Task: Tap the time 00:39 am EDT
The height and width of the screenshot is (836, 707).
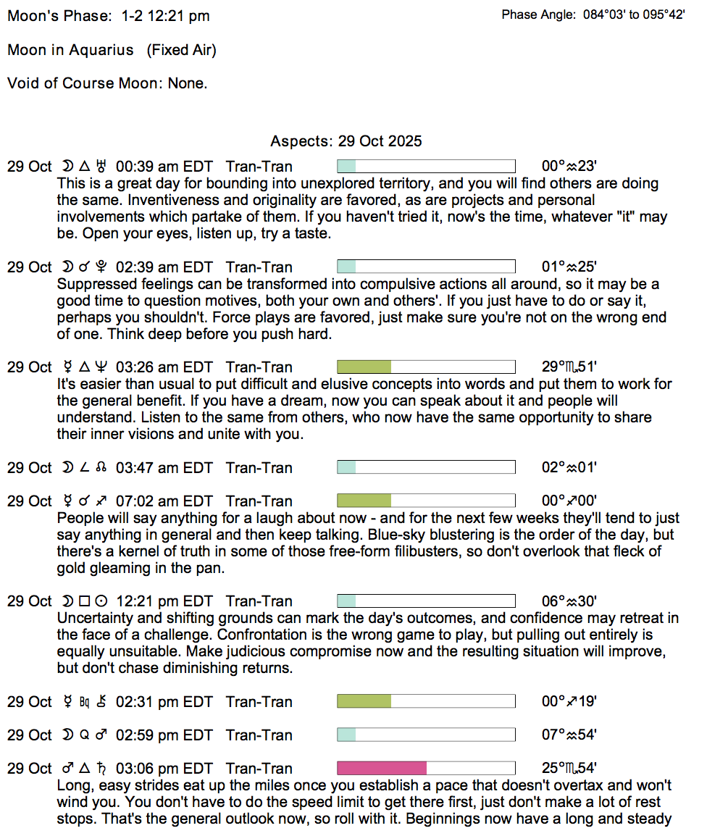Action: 164,167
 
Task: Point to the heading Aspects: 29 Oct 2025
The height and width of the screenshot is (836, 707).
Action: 346,141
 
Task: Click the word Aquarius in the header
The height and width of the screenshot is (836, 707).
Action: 101,50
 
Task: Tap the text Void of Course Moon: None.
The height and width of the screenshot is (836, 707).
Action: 107,83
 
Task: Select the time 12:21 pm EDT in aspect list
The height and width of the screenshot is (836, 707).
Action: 164,601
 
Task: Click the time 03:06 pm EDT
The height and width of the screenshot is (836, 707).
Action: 164,769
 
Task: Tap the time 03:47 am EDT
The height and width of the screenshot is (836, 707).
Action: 164,468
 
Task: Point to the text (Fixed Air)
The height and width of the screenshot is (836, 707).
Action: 181,50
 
